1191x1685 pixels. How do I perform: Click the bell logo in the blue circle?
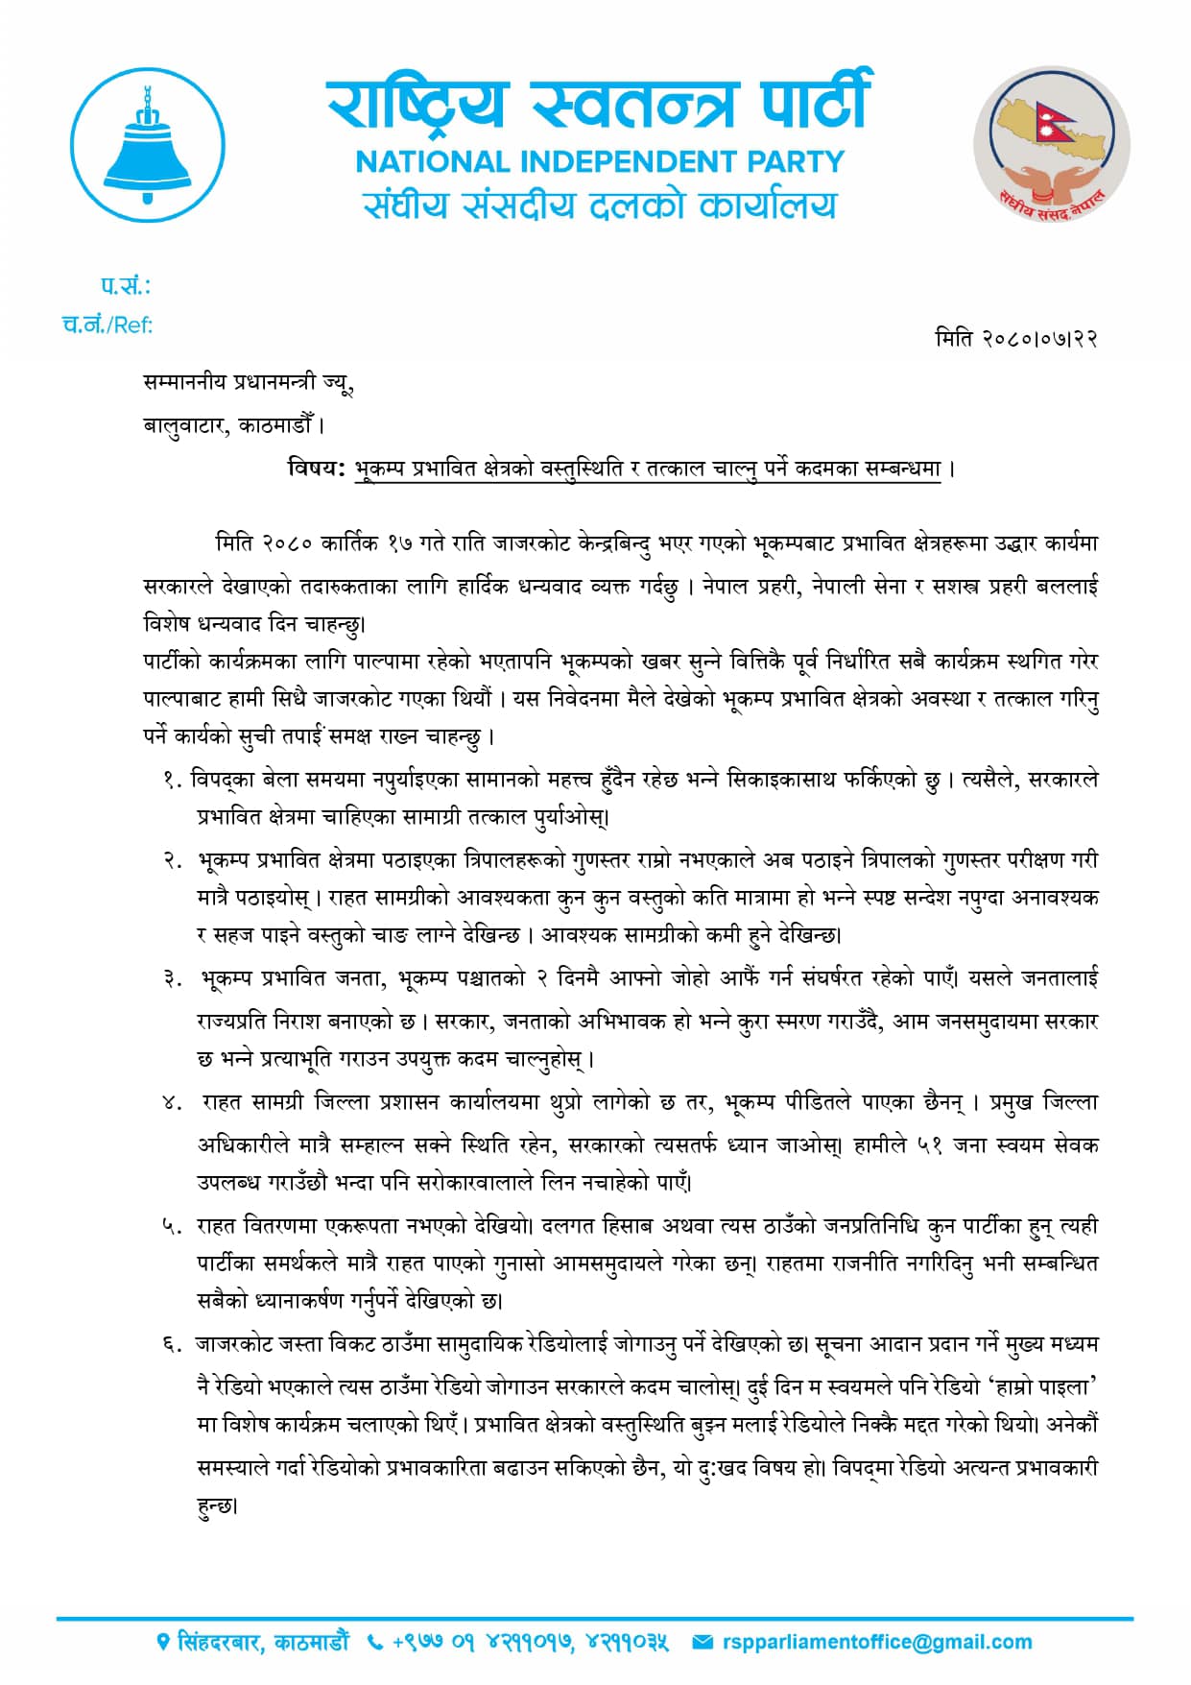[147, 146]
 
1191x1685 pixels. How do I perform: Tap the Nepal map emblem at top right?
[1051, 145]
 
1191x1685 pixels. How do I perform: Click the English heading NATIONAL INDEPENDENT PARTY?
[600, 161]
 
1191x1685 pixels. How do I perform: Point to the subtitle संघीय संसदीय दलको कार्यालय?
[600, 205]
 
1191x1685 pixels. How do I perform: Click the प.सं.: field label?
[126, 285]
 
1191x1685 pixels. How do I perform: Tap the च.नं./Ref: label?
[107, 325]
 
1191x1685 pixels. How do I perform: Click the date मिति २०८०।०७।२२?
[1015, 338]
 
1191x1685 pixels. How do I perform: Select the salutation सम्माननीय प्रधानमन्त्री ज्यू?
[249, 382]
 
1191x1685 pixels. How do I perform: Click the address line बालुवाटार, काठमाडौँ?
[233, 423]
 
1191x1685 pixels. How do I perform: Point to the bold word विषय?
[316, 469]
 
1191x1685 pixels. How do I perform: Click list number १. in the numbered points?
[173, 780]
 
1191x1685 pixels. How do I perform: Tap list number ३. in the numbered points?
[173, 979]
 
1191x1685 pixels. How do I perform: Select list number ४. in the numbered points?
[173, 1103]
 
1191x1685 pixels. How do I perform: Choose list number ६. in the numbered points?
[173, 1345]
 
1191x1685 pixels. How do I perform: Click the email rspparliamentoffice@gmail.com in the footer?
[877, 1642]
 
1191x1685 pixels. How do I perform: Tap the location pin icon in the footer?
[163, 1643]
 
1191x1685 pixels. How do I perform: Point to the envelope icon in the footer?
[703, 1643]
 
